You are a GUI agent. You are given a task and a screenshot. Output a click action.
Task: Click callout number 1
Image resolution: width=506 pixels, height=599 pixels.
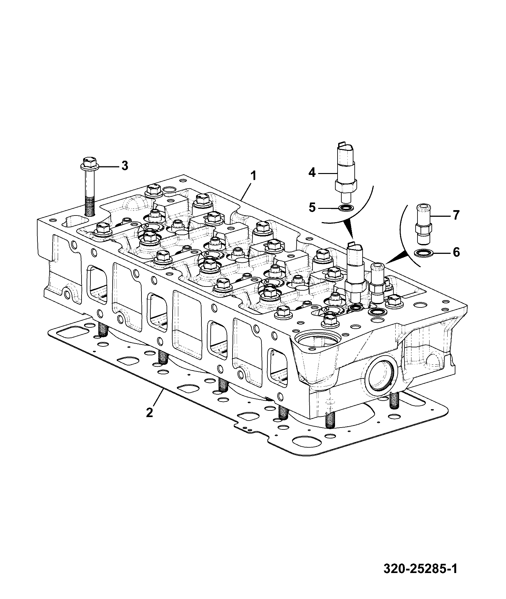pyautogui.click(x=253, y=176)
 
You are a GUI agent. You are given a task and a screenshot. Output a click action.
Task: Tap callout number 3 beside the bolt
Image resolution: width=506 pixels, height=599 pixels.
pyautogui.click(x=125, y=165)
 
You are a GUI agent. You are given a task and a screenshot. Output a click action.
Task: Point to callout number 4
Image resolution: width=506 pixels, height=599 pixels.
pyautogui.click(x=312, y=173)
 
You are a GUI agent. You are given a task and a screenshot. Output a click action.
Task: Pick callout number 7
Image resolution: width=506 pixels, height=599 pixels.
pyautogui.click(x=456, y=216)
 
